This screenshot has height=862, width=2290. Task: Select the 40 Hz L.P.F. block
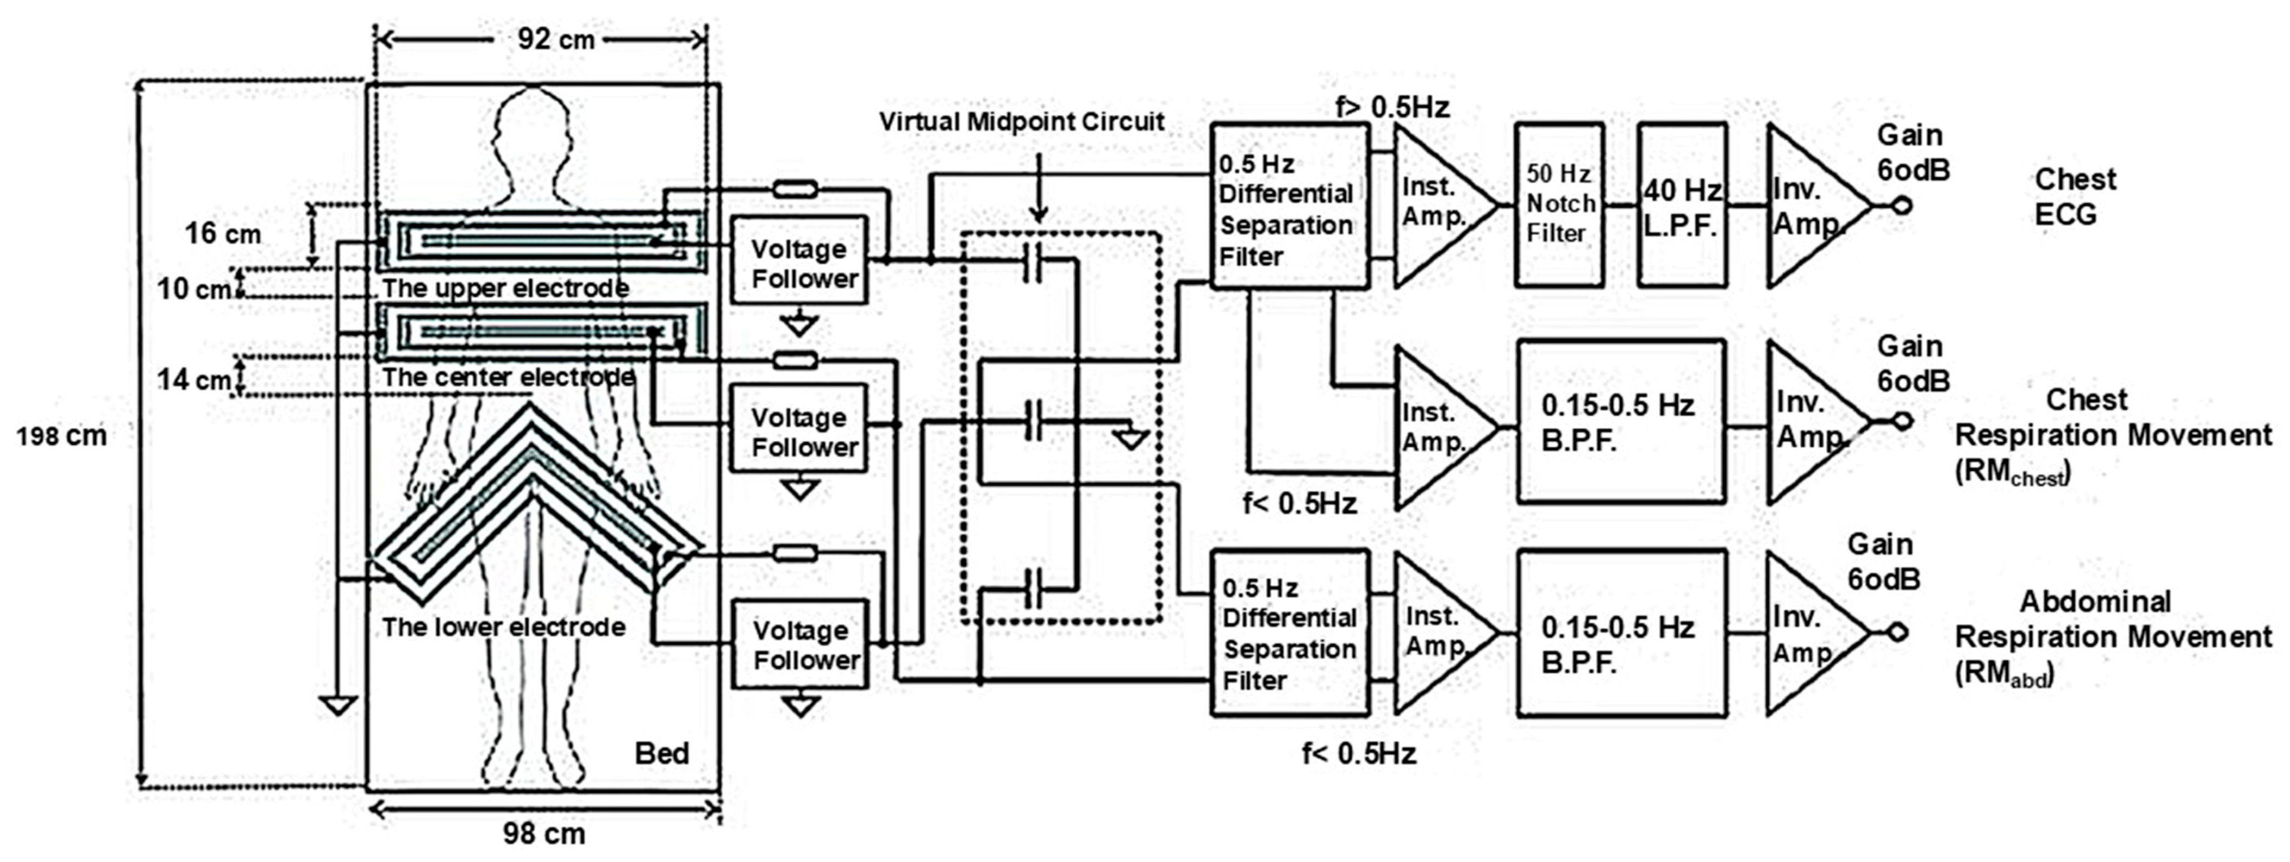1682,204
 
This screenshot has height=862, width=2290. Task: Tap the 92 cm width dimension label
556,39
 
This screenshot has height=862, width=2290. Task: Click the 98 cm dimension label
544,833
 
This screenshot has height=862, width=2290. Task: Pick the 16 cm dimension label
222,234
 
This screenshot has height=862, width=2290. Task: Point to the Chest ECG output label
2075,197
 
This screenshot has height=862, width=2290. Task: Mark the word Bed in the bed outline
661,754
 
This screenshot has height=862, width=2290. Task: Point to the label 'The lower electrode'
503,628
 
